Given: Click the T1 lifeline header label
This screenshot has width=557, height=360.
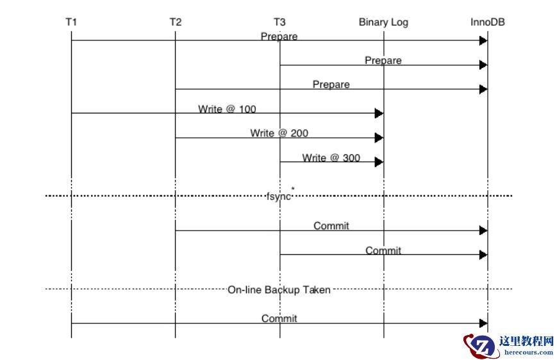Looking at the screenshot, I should pos(71,22).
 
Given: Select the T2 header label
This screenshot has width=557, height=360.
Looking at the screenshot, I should pos(175,22).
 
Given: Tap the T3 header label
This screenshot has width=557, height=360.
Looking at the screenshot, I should pos(279,22).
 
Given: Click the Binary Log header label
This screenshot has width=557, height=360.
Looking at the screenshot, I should pos(383,22).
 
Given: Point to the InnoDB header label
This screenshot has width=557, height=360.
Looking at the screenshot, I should pos(487,22).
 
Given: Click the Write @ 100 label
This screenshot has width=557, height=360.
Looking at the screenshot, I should pos(227,109).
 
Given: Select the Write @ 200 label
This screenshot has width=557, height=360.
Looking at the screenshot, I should pos(279,133).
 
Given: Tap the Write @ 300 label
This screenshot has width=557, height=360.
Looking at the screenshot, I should pos(331,158).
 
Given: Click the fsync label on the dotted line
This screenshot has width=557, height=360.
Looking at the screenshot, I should pos(279,196).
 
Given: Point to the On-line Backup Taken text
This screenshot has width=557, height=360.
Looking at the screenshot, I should pos(279,290).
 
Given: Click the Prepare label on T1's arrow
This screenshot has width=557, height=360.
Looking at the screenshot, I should pos(279,37).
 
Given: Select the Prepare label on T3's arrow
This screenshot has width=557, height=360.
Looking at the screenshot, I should pos(383,61).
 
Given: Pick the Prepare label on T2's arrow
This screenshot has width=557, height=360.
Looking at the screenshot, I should pos(331,85).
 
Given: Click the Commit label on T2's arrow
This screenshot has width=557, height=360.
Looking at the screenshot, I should pos(331,225).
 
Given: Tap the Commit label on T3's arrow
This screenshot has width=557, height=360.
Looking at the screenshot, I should pos(383,250).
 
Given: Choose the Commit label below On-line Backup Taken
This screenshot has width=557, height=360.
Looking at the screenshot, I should pos(279,318).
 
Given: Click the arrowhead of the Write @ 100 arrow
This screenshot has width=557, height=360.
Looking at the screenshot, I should pos(379,113).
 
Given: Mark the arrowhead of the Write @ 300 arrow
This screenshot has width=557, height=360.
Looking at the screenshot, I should pos(379,162).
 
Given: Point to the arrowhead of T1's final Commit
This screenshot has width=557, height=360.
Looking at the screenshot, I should pos(483,323).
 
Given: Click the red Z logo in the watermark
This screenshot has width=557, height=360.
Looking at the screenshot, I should pos(483,347).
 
